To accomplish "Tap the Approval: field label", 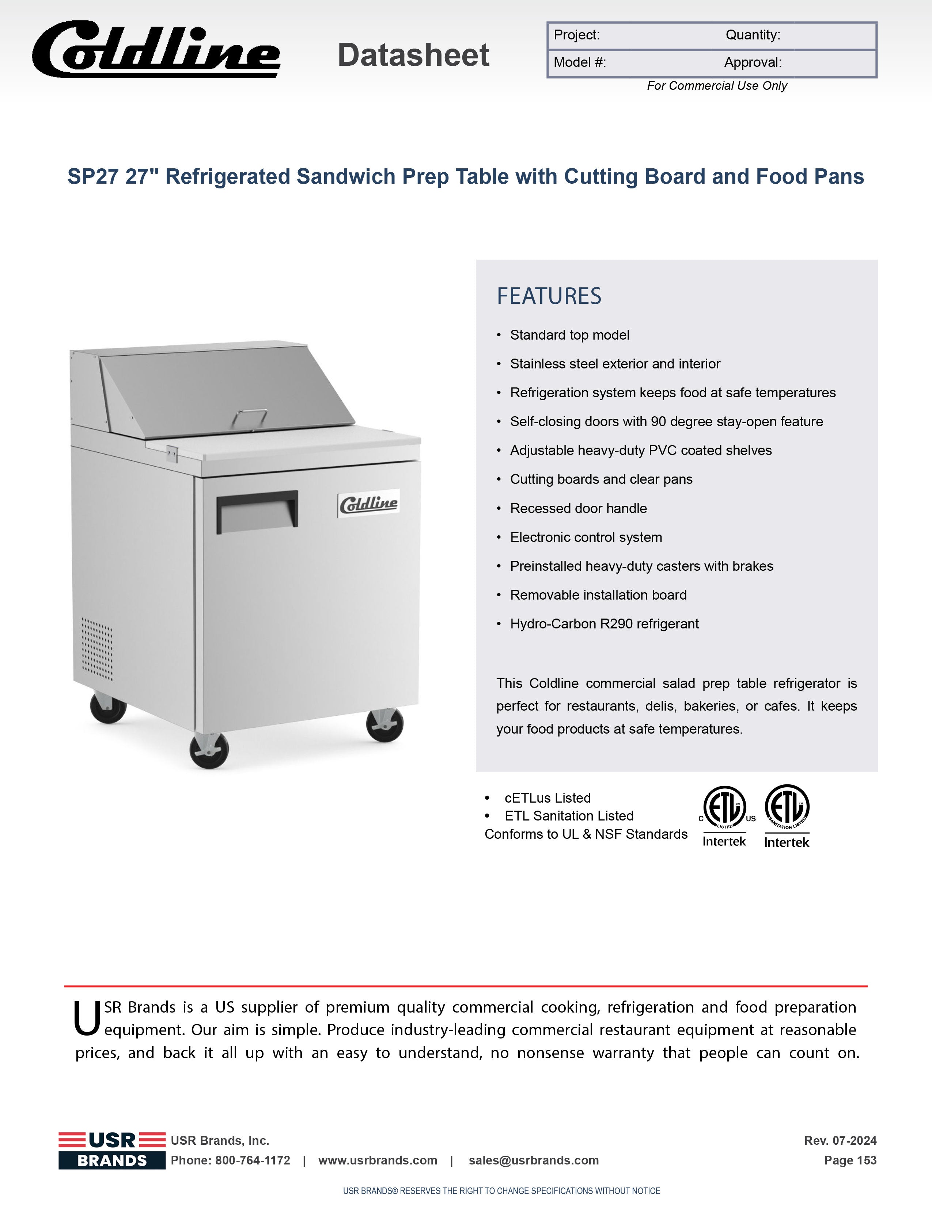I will click(x=753, y=62).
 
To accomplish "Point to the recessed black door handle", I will click(x=257, y=510).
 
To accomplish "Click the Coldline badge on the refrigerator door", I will click(x=368, y=503).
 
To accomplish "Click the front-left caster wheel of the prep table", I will click(x=209, y=750).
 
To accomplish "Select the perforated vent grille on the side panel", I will click(x=97, y=649).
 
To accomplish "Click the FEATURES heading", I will click(x=549, y=296).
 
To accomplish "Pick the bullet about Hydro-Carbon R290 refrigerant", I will click(x=604, y=624).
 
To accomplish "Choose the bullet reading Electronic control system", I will click(x=586, y=538).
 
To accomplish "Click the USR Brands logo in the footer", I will click(x=112, y=1150).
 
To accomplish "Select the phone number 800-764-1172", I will click(x=252, y=1160).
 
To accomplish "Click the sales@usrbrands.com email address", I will click(x=533, y=1160).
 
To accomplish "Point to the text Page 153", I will click(x=850, y=1160).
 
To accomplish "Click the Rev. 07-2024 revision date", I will click(x=840, y=1140).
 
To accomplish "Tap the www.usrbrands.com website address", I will click(x=378, y=1160).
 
